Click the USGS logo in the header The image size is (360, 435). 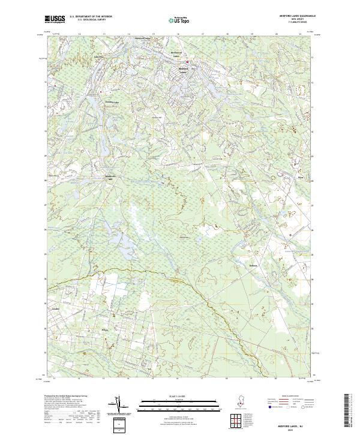click(x=55, y=19)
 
